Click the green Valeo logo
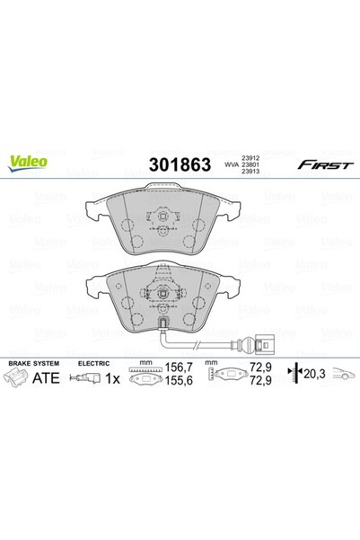(x=28, y=163)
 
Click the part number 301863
(x=180, y=164)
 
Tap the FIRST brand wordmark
(x=325, y=165)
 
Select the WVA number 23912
(x=250, y=158)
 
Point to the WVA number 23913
(x=250, y=171)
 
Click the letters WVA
(x=232, y=164)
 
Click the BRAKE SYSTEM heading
(x=34, y=363)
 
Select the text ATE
(x=46, y=378)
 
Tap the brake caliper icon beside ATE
(x=16, y=377)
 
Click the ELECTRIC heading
(x=93, y=363)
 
